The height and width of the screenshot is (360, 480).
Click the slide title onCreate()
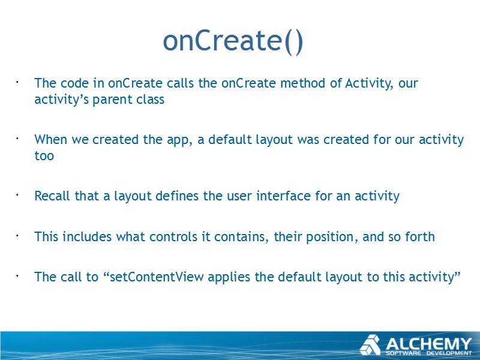point(233,41)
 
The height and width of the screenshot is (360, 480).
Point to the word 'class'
point(151,100)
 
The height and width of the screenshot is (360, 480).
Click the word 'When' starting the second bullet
point(51,140)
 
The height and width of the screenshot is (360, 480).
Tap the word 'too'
point(44,156)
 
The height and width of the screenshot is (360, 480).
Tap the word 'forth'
point(420,236)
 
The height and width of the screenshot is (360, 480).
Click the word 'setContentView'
point(157,277)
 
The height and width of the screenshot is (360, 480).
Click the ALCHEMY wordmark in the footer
point(428,344)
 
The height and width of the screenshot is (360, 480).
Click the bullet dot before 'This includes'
point(17,236)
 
